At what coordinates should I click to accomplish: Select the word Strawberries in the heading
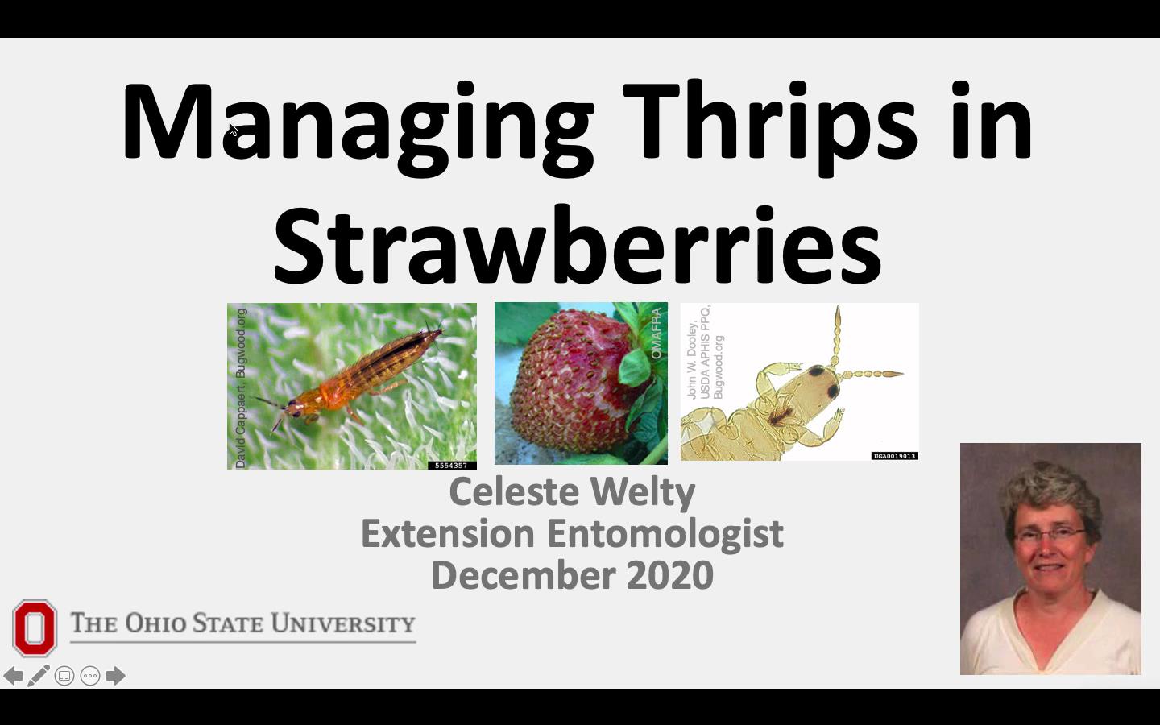pos(577,245)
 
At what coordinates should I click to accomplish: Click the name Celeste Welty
pos(572,491)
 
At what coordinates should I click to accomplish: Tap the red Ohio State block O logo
pos(35,628)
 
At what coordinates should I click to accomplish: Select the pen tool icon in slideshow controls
pos(39,676)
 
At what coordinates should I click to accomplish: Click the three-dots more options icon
pos(90,676)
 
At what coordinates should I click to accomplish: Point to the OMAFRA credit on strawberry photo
pos(656,333)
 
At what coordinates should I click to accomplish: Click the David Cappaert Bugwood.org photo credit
pos(241,387)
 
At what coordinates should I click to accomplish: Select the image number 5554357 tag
pos(451,465)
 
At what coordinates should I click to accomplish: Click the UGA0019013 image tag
pos(894,456)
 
